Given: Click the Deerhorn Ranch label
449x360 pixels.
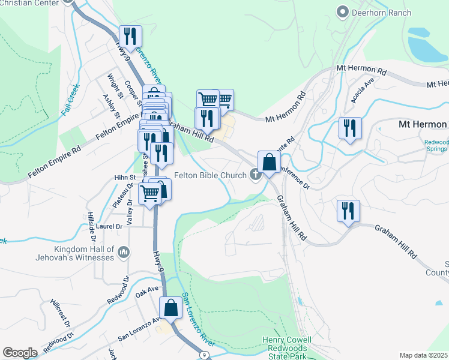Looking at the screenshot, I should (x=382, y=13).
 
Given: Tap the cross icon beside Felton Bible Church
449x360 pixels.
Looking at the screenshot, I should (x=256, y=175).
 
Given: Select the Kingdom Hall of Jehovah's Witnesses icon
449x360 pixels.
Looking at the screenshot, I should (x=124, y=251).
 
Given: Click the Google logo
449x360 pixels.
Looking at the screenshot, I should (x=20, y=353).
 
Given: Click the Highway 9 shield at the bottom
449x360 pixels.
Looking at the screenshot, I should (x=205, y=355).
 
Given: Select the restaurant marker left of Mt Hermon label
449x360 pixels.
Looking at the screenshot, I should (x=349, y=128).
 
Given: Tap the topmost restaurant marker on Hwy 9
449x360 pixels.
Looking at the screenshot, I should (x=130, y=37).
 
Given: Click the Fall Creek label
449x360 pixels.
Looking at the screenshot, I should (x=70, y=99).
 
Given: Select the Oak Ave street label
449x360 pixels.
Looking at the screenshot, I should (x=146, y=291).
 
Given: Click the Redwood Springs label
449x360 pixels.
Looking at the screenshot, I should (x=436, y=145).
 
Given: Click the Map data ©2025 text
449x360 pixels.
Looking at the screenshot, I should (x=424, y=355).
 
